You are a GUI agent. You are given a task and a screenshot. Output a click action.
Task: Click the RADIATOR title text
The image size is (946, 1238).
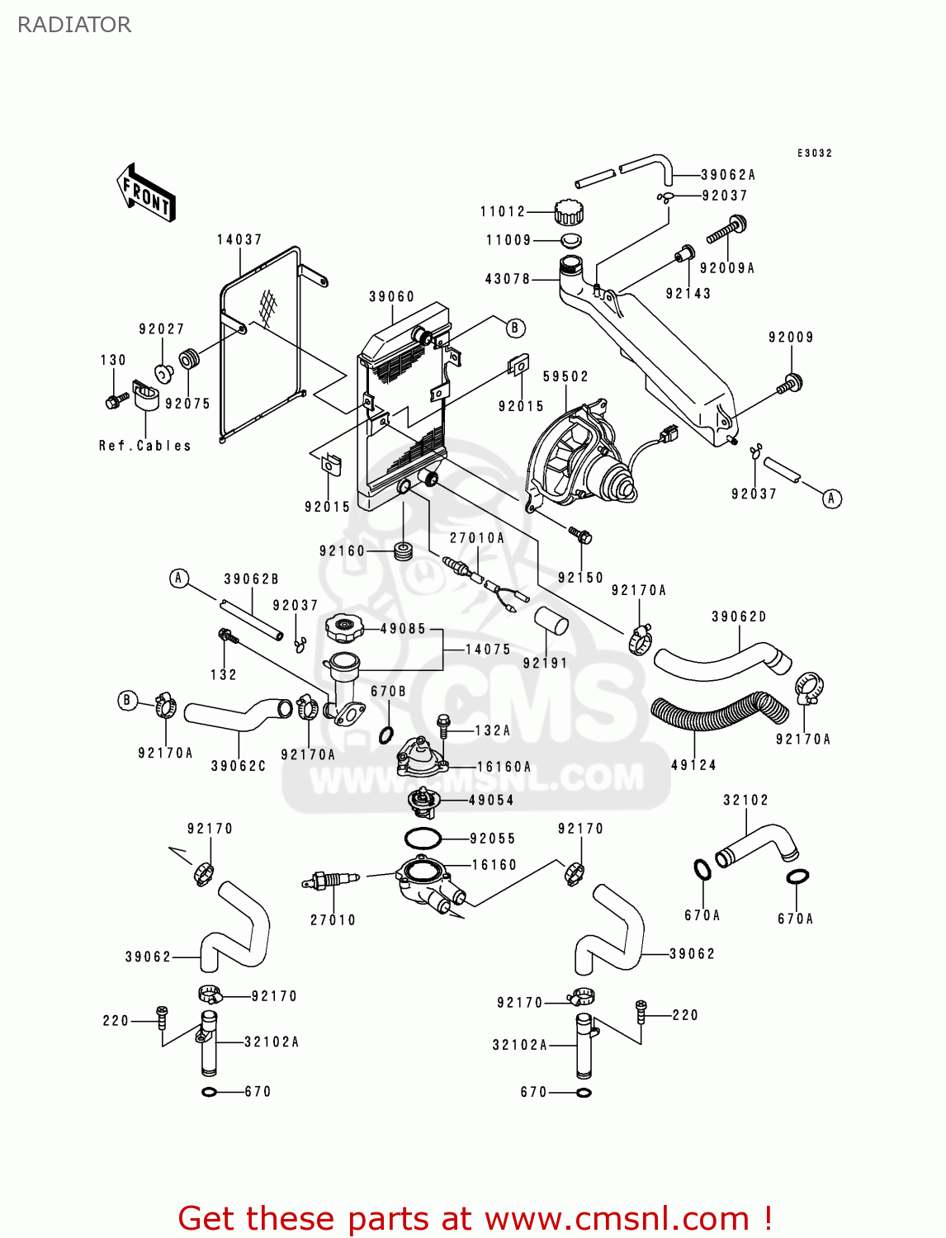74,25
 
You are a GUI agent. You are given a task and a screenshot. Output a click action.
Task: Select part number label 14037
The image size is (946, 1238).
239,240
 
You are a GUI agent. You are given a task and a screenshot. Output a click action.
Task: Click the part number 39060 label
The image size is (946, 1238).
391,297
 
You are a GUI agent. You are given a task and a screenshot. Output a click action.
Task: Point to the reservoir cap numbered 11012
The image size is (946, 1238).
568,212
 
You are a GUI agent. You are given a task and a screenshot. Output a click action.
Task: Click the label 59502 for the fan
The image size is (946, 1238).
565,376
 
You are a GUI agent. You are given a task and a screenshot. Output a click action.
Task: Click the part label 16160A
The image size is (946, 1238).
504,767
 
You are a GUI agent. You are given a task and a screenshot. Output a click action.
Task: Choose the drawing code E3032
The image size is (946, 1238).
814,154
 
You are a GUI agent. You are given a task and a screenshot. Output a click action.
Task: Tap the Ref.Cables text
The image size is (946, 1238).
144,446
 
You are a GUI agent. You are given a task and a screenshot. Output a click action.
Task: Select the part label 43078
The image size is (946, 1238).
507,279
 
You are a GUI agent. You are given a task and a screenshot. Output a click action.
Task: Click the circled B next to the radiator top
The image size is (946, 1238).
515,328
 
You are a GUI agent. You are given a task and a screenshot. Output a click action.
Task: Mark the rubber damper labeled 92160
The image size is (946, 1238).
404,550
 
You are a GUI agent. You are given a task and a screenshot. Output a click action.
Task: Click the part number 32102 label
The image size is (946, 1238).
745,800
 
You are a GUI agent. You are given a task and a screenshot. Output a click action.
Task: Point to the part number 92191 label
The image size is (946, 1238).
545,663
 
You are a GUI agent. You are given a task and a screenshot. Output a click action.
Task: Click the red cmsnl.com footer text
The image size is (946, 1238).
475,1218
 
